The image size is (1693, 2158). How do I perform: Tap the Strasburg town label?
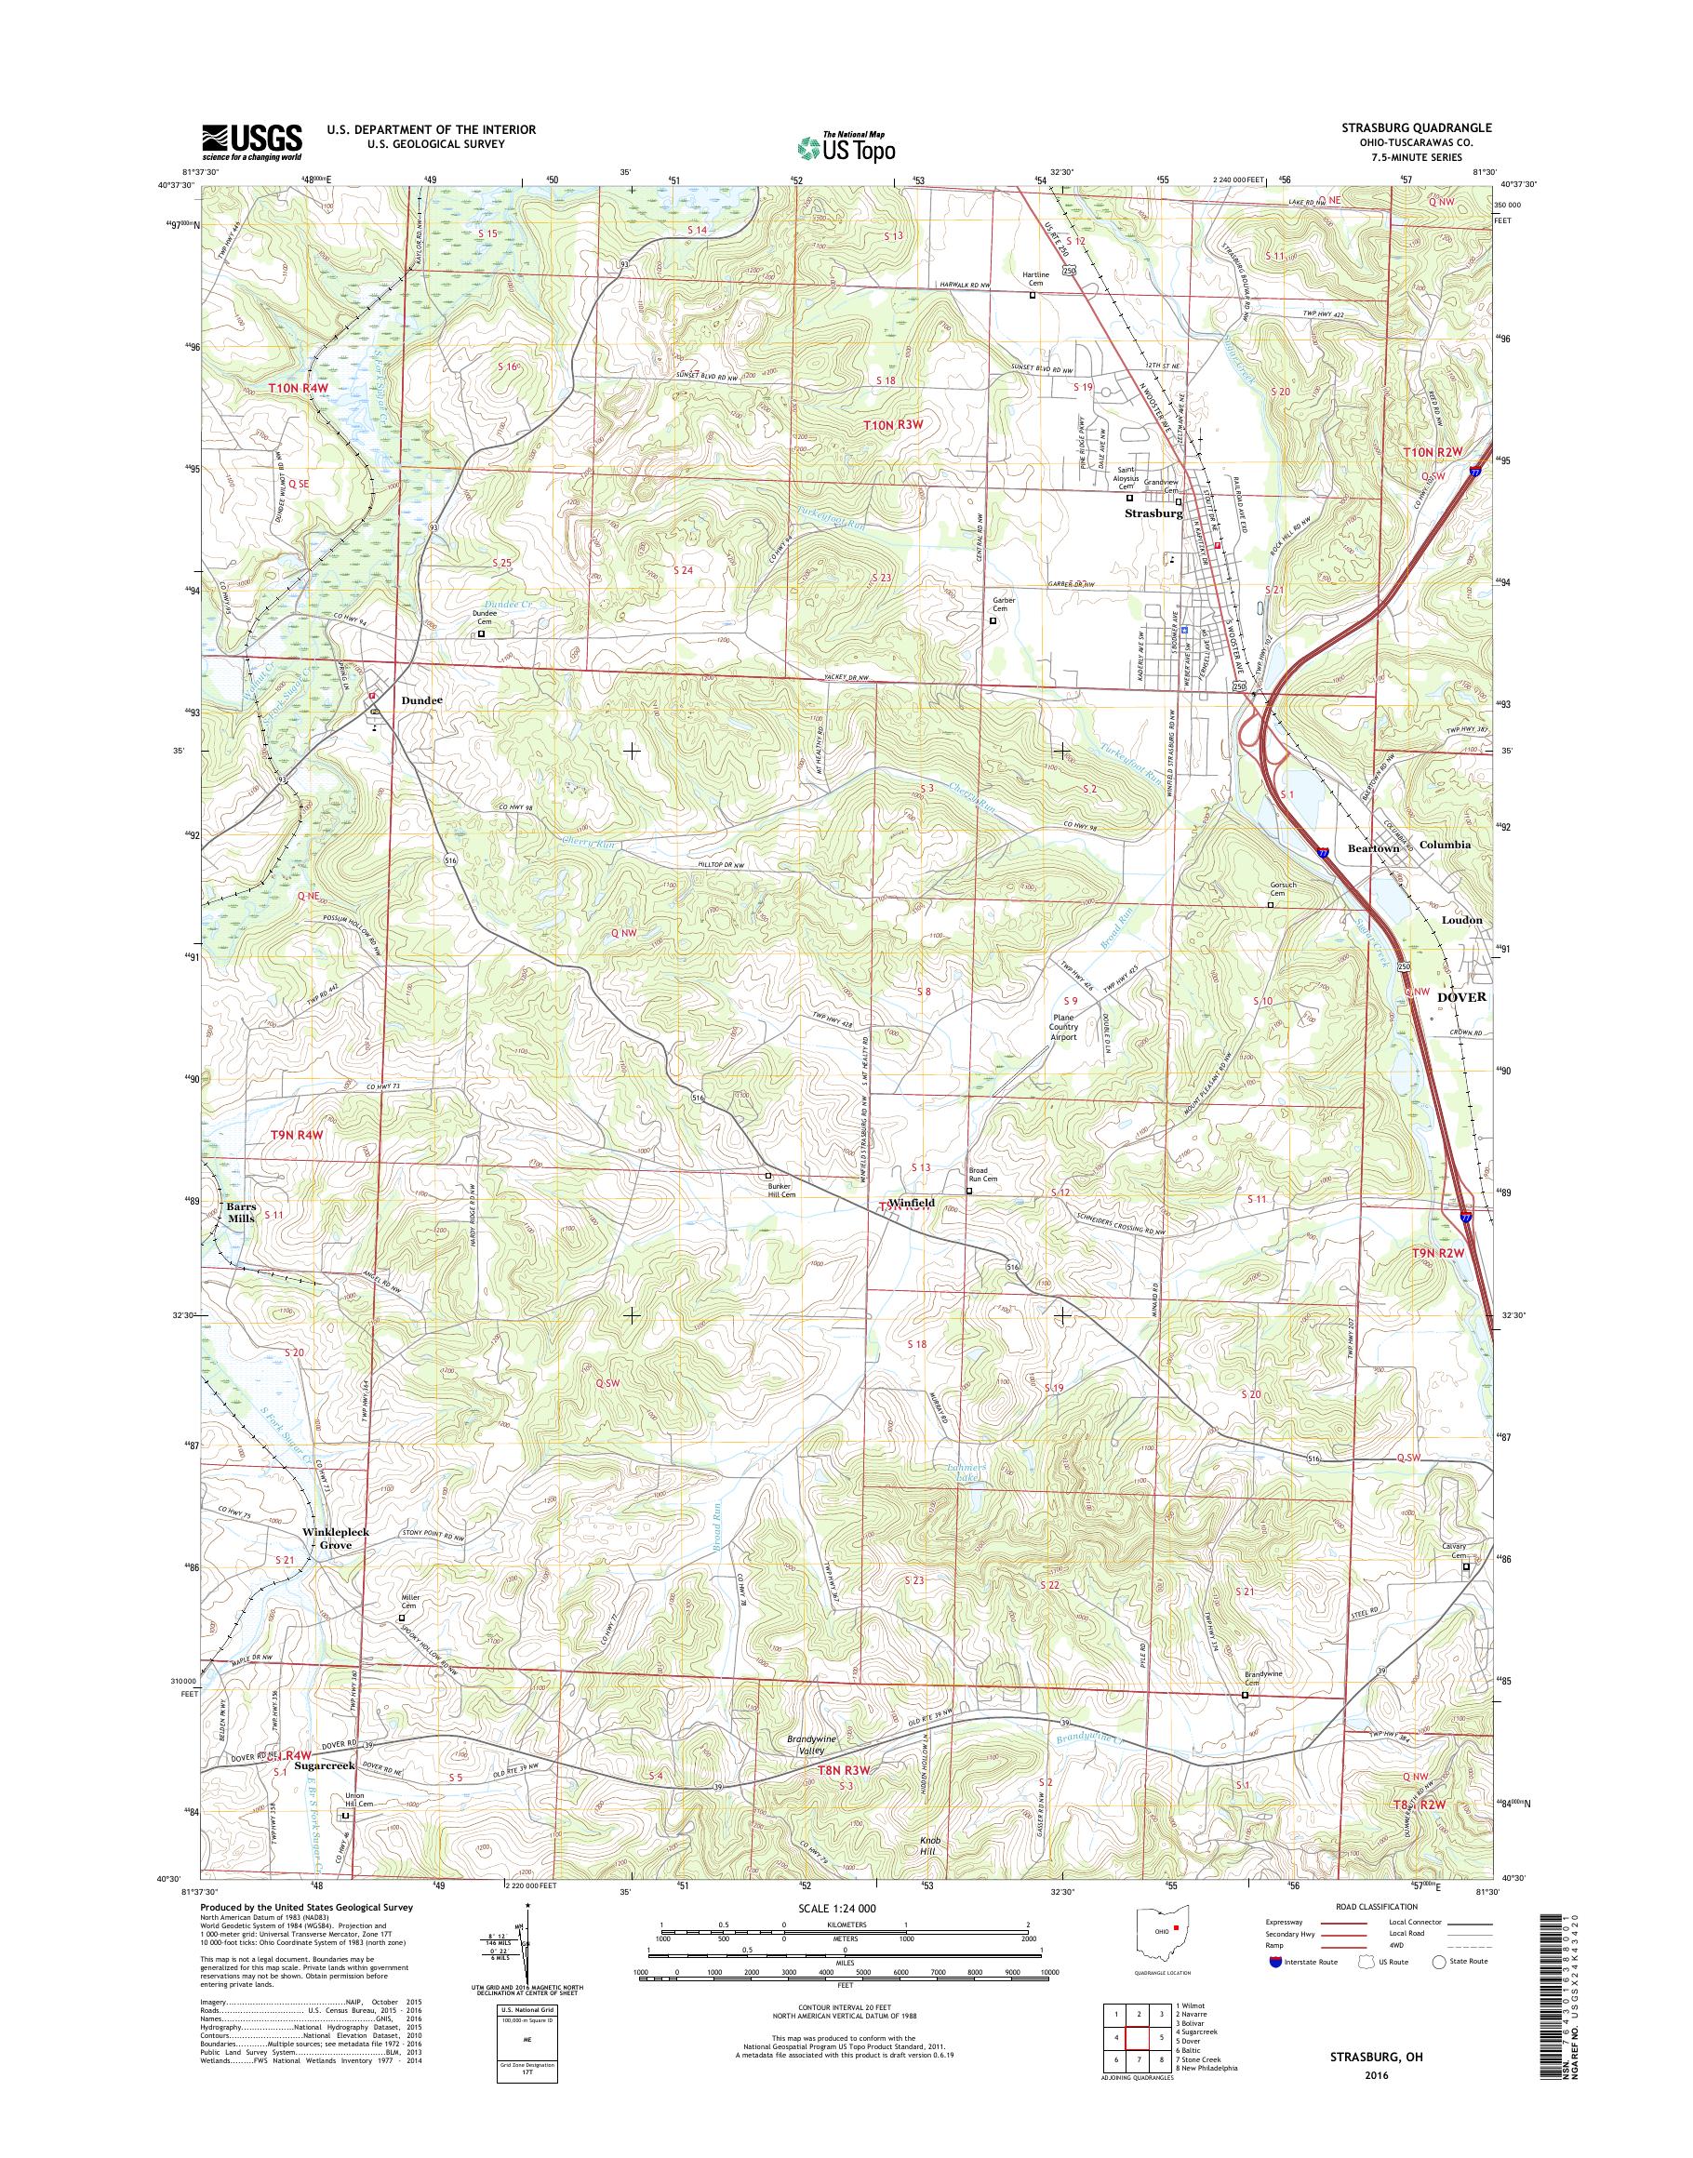1153,514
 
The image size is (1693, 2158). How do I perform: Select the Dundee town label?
421,699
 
